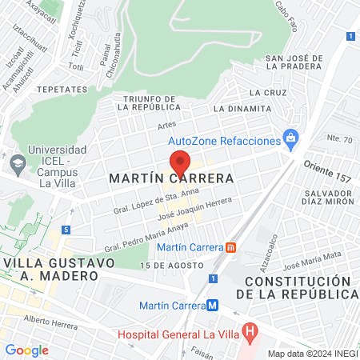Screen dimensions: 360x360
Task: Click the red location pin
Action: (x=181, y=163)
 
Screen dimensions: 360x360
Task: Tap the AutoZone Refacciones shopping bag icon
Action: (x=291, y=137)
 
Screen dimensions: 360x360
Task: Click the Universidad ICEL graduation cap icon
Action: (x=17, y=162)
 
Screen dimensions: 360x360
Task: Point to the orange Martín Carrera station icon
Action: (x=232, y=247)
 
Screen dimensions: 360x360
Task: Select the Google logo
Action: (x=26, y=350)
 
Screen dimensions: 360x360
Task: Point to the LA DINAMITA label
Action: (x=242, y=109)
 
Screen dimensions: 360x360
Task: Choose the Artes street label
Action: (x=166, y=124)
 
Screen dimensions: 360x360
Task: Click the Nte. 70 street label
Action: (x=340, y=139)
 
